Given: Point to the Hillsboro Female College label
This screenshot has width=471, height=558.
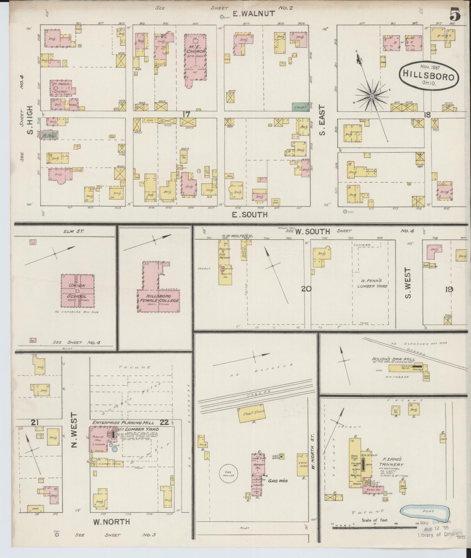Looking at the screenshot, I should click(x=158, y=298).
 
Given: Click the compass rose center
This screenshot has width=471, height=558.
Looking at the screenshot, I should click(x=372, y=96).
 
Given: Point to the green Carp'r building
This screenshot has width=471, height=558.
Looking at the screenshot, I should click(x=300, y=107).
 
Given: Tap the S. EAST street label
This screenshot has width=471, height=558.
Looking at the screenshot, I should click(x=323, y=120).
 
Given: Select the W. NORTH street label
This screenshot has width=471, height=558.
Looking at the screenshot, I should click(x=111, y=522).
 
